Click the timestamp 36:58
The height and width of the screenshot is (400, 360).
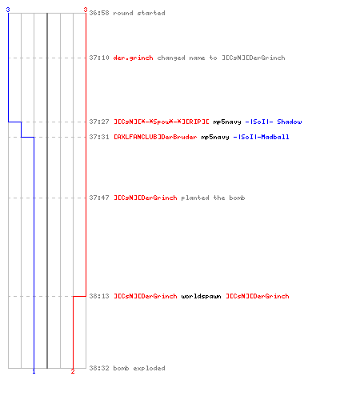click(x=99, y=13)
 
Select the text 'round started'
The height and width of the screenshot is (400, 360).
click(x=139, y=13)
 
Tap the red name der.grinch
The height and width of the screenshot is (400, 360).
click(x=133, y=58)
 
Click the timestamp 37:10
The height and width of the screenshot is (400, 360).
click(x=99, y=58)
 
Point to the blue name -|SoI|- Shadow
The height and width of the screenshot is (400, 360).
click(x=274, y=122)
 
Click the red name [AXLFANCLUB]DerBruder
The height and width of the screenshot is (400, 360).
click(x=155, y=137)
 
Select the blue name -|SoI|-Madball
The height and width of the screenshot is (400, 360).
click(x=262, y=137)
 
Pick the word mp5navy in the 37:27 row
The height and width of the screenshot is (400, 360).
click(x=227, y=122)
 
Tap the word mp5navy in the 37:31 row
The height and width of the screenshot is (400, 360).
click(x=215, y=138)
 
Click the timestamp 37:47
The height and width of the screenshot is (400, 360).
click(x=99, y=198)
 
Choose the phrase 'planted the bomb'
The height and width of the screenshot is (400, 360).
click(x=213, y=198)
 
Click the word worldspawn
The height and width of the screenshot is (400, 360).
click(x=202, y=296)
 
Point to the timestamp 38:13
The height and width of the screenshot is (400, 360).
click(x=99, y=296)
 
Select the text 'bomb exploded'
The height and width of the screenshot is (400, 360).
click(x=139, y=368)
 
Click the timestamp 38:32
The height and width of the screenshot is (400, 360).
click(x=99, y=368)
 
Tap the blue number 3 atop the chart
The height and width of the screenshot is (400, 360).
click(x=8, y=10)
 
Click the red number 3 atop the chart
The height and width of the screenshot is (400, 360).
click(x=86, y=10)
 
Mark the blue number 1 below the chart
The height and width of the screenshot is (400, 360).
click(x=34, y=371)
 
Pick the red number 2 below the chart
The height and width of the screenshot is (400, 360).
click(x=73, y=371)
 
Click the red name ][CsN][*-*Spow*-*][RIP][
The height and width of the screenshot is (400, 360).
click(x=162, y=122)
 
